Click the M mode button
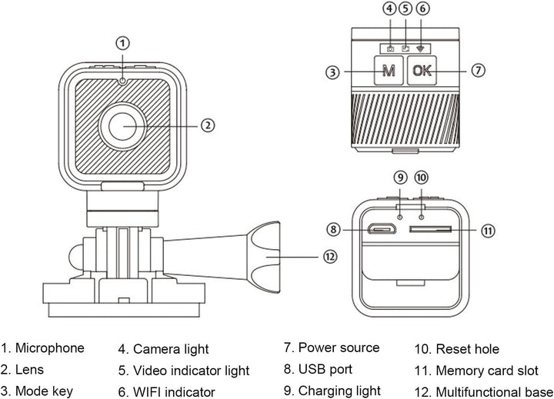coord(389,70)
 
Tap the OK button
coord(422,70)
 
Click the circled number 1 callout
coord(122,43)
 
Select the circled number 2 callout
coord(208,125)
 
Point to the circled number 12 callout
coord(330,257)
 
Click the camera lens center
coord(122,126)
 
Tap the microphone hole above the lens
coord(122,81)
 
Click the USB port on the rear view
coord(382,230)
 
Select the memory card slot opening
coord(430,230)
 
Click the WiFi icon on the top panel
coord(420,48)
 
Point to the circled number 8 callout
coord(333,230)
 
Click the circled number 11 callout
coord(488,231)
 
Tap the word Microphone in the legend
coord(50,348)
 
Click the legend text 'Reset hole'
coord(468,349)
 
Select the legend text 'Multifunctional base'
coord(494,392)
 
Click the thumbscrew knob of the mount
coord(264,257)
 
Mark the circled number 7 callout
coord(478,70)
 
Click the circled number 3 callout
coord(332,72)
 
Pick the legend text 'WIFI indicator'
coord(174,392)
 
